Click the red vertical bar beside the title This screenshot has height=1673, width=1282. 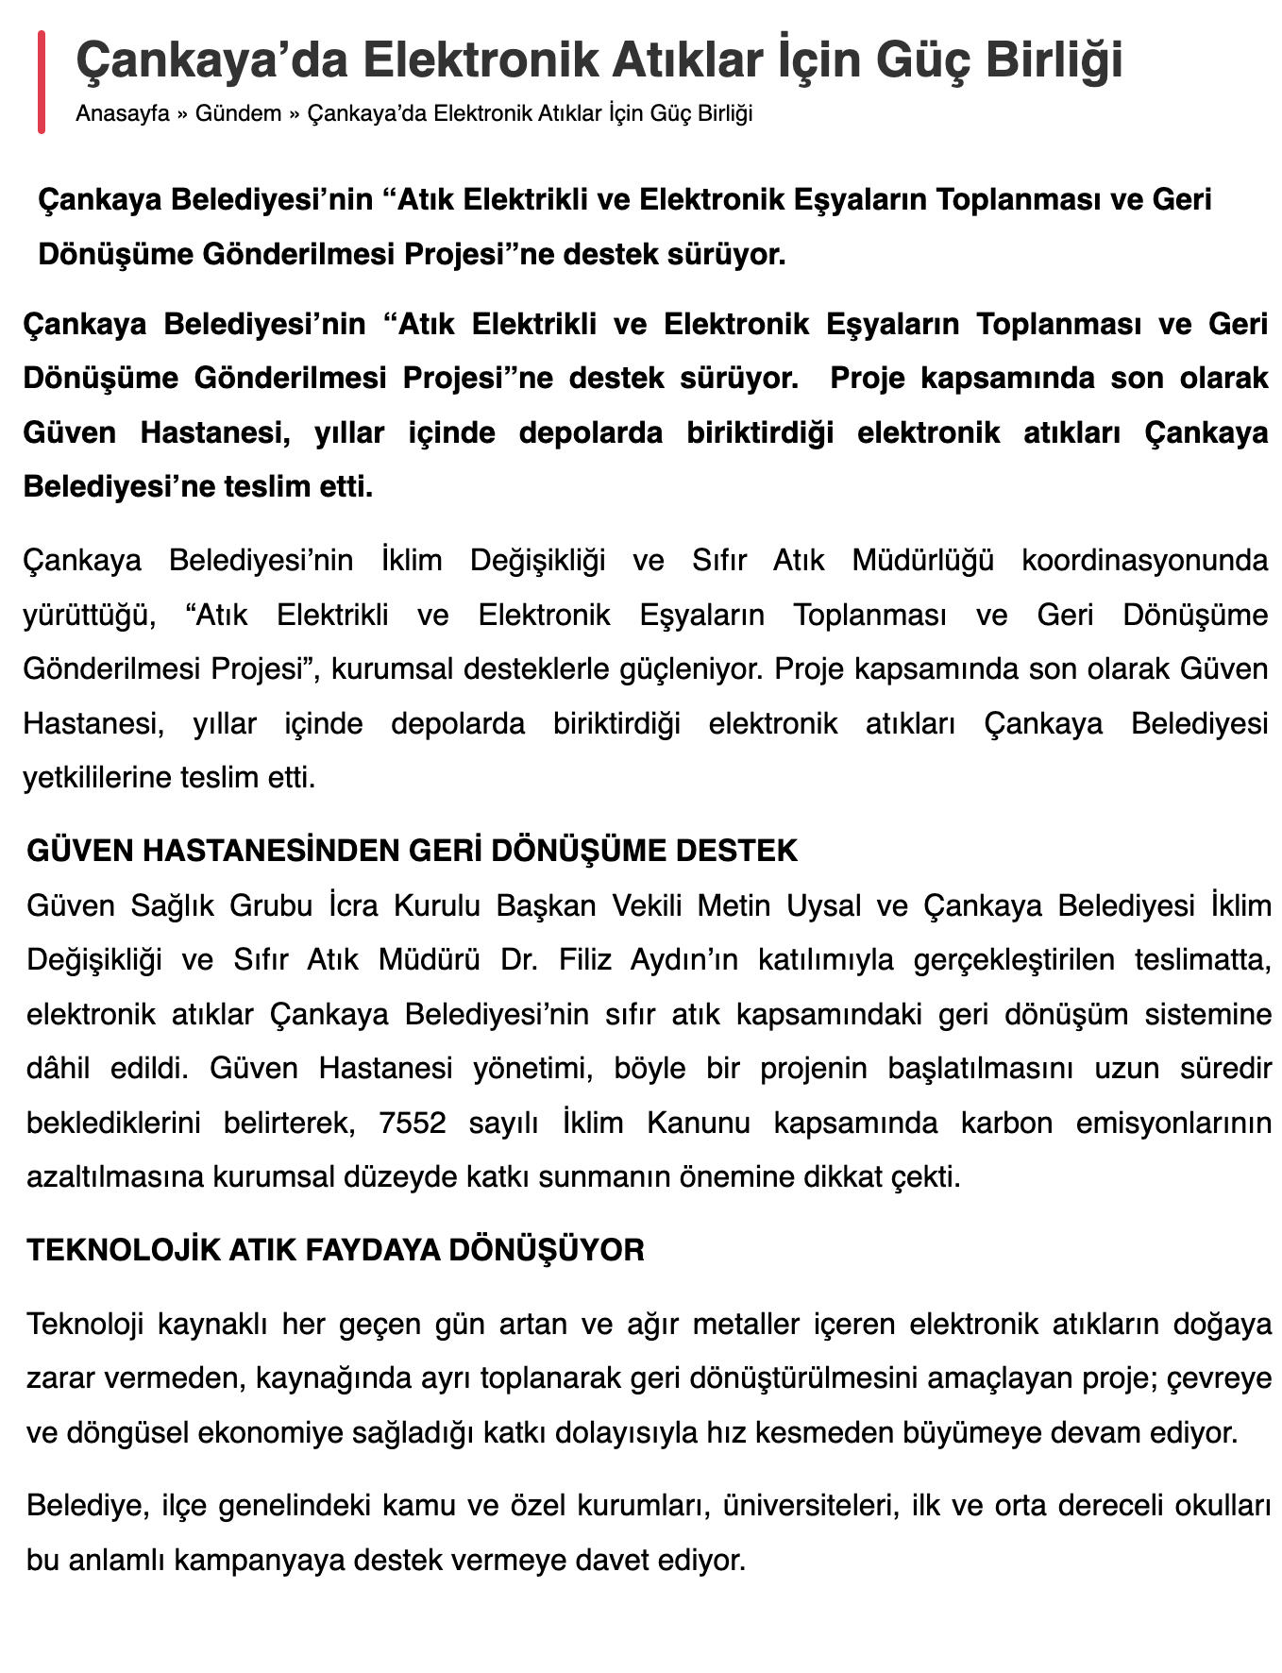42,82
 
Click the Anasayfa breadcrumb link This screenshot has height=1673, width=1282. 123,114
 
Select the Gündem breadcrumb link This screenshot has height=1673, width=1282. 238,114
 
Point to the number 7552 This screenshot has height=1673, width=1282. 412,1124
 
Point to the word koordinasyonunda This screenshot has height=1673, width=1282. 1144,560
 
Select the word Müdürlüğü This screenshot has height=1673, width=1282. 922,560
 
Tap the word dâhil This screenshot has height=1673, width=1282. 59,1069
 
